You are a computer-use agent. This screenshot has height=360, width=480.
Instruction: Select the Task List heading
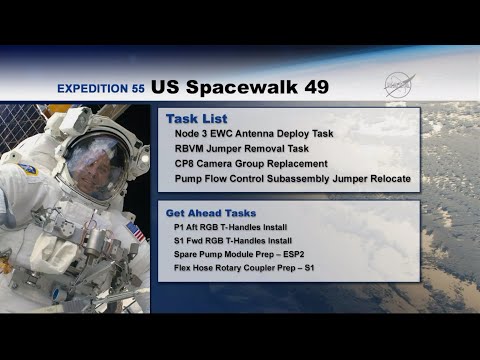192,117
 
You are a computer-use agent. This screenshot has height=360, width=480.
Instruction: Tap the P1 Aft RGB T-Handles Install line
232,228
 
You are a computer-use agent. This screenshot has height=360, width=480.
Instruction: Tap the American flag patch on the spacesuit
135,233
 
